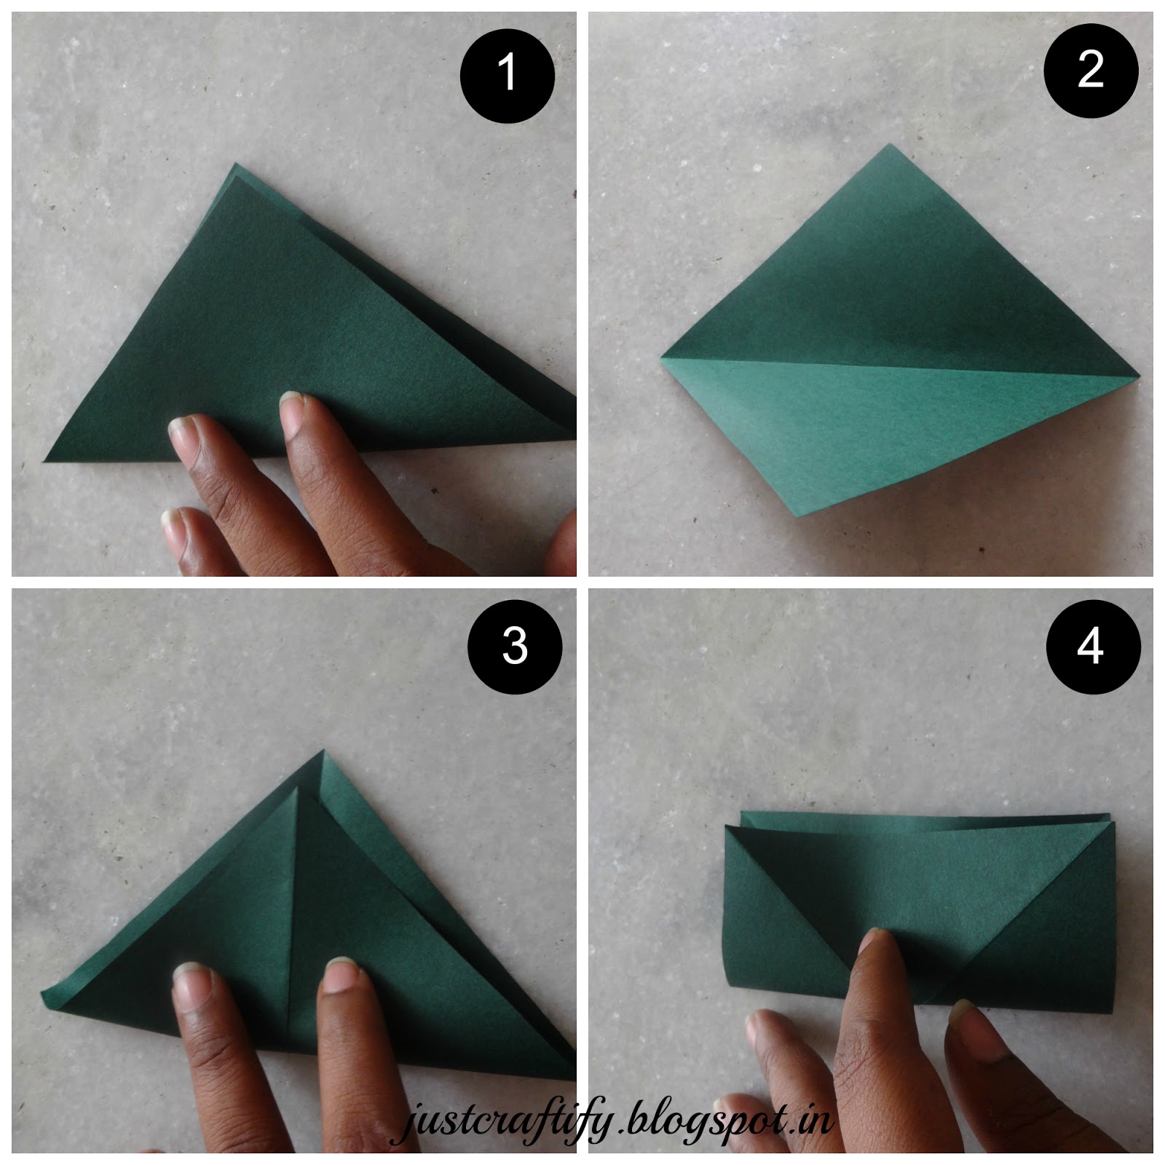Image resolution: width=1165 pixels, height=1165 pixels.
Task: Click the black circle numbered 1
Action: [508, 74]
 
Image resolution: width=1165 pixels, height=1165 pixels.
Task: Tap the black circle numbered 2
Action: [1090, 71]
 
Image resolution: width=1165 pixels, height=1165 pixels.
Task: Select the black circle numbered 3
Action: [515, 646]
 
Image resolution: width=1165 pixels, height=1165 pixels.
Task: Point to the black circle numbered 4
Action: [1090, 646]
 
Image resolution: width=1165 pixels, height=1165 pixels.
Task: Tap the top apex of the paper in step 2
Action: [889, 146]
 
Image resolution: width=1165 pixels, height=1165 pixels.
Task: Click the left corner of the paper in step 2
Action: [663, 358]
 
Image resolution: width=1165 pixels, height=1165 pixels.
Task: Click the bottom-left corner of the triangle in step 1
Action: [46, 460]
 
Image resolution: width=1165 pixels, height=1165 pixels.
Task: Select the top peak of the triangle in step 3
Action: [321, 751]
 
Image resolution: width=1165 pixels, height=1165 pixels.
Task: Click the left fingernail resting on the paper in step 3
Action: [191, 979]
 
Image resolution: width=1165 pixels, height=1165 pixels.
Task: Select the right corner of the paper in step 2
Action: [1138, 376]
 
